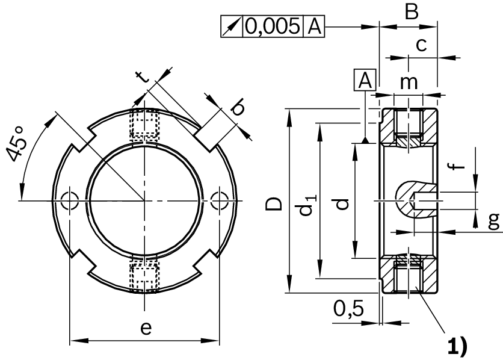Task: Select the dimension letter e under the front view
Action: click(145, 328)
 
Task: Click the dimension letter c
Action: click(422, 44)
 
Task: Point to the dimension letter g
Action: click(493, 222)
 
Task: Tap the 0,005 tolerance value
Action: click(274, 26)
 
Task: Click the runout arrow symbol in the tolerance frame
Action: click(232, 26)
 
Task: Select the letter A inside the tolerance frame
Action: click(315, 26)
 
